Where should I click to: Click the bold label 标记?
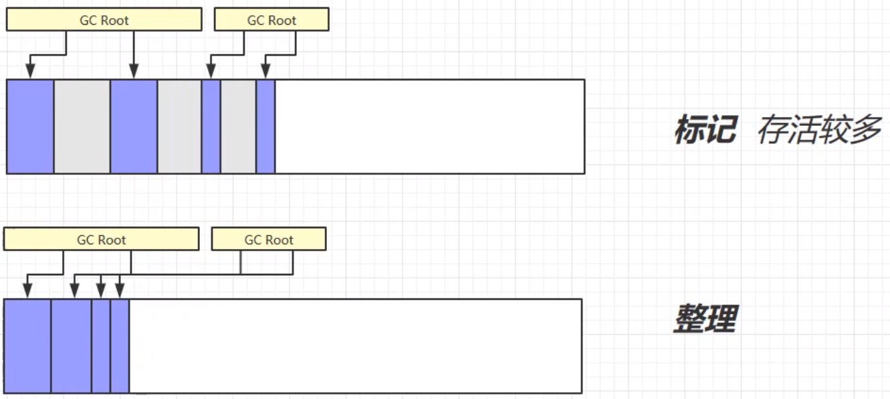coord(706,129)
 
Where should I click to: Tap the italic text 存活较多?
coord(819,129)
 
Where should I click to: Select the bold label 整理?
coord(706,318)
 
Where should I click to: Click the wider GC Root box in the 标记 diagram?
coord(104,19)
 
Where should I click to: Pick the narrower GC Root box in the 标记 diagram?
coord(271,19)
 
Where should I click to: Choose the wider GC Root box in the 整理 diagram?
coord(102,239)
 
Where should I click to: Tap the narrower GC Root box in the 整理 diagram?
coord(269,239)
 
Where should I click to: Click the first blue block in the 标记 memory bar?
coord(31,127)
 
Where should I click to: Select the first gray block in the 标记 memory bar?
coord(82,127)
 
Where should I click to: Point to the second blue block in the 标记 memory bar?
coord(134,127)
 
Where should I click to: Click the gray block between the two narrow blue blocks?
coord(239,127)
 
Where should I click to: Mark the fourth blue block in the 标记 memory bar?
coord(266,127)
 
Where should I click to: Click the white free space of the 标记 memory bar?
coord(430,127)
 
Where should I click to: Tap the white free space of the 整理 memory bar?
coord(356,346)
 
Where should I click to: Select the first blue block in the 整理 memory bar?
coord(27,346)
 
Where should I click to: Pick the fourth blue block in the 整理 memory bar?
coord(120,346)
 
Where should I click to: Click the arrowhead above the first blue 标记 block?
coord(31,71)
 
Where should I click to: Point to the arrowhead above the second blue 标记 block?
coord(134,71)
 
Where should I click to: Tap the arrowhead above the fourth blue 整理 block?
coord(120,291)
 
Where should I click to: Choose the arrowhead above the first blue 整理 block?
coord(27,291)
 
